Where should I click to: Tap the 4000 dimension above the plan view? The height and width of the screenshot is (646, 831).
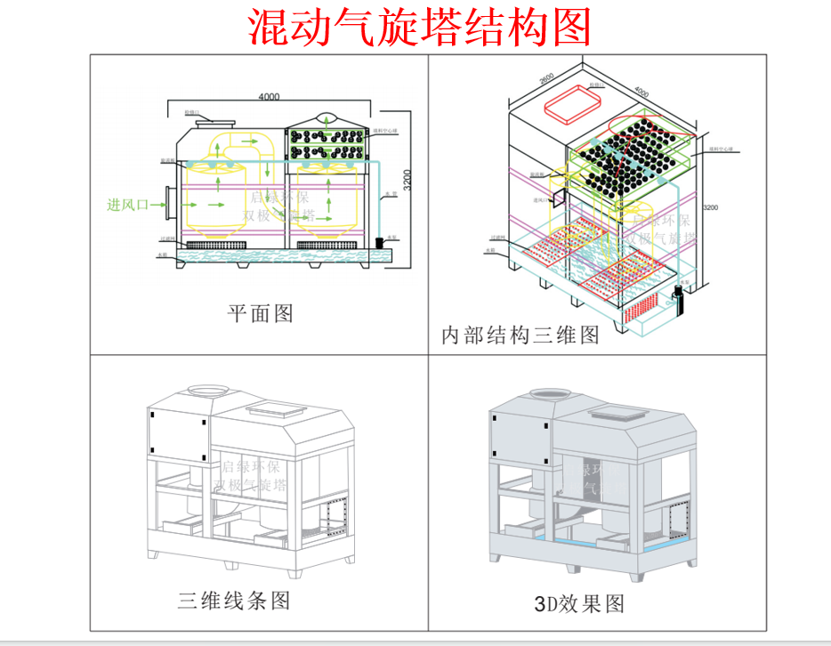pyautogui.click(x=269, y=97)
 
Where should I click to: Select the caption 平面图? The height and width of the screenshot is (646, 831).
pyautogui.click(x=260, y=313)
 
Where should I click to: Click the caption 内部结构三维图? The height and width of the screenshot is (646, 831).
pyautogui.click(x=520, y=335)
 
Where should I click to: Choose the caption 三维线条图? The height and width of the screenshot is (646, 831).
pyautogui.click(x=234, y=601)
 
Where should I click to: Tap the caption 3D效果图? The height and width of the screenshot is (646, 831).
pyautogui.click(x=579, y=603)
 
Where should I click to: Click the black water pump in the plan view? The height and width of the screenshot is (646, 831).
pyautogui.click(x=380, y=242)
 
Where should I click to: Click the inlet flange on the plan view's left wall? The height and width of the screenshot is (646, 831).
pyautogui.click(x=168, y=205)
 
